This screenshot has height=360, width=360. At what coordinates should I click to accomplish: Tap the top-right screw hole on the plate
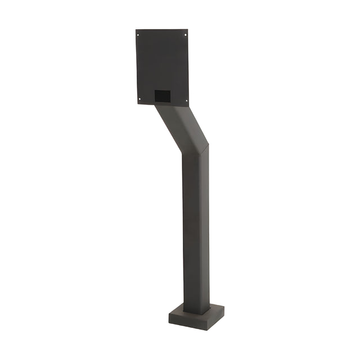[185, 35]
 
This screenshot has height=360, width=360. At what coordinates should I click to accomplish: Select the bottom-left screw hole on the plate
[139, 100]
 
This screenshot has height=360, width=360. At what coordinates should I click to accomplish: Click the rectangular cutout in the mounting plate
[163, 96]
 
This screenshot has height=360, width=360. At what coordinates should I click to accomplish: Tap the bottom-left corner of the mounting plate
[137, 104]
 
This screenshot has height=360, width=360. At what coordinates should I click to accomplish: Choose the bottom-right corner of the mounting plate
[188, 106]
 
